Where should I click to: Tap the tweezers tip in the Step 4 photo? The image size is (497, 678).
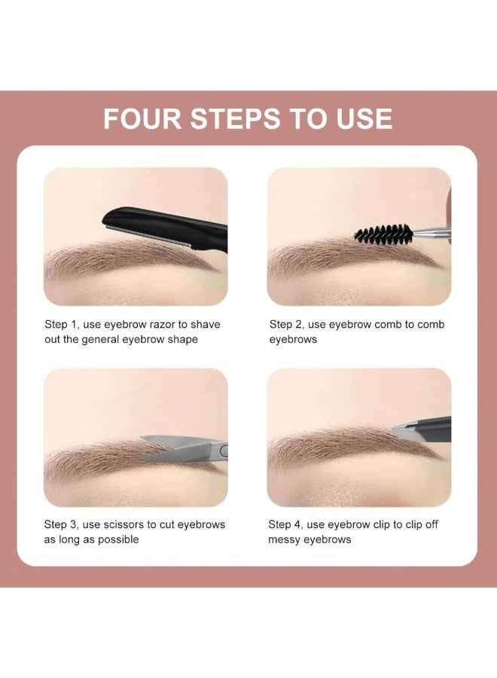(404, 429)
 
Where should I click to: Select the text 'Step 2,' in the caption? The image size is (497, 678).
(287, 325)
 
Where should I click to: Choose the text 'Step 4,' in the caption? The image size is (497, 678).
(287, 525)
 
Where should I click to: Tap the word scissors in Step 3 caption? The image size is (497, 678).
(130, 525)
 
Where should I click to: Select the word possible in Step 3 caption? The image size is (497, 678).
(118, 540)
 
